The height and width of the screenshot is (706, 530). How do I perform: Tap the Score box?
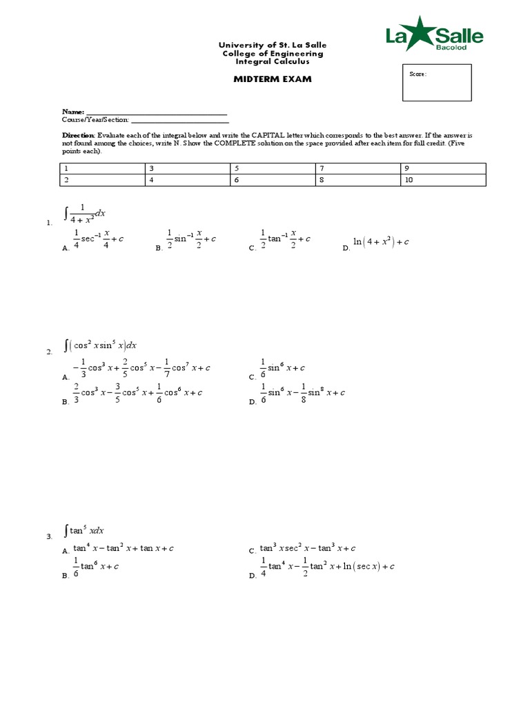coord(437,83)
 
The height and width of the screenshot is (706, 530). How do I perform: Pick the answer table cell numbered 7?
coord(357,168)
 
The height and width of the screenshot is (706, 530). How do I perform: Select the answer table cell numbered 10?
coord(442,180)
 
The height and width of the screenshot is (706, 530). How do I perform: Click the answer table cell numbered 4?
coord(187,180)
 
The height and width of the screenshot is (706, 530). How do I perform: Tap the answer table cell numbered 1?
coord(102,168)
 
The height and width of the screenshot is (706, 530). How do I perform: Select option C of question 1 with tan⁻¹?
coord(285,239)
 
